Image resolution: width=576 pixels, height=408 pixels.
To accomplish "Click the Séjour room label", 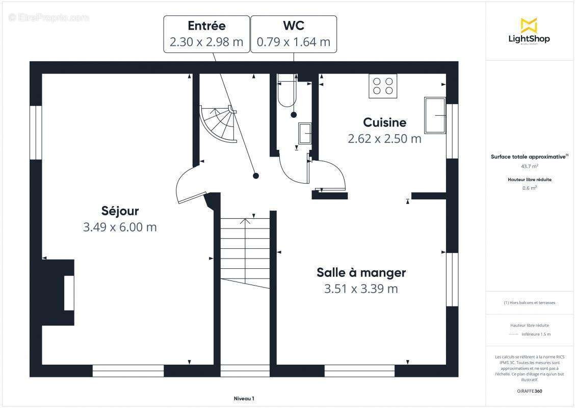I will pos(120,211).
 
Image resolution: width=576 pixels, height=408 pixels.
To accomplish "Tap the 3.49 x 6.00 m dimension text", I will pos(120,227).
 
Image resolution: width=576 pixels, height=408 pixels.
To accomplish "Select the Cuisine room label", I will pos(384,122).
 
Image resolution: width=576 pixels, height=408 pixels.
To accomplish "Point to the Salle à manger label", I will pos(361,272).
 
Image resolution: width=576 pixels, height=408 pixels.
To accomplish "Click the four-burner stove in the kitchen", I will pos(383,86).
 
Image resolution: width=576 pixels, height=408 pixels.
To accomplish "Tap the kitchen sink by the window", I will pos(434,115).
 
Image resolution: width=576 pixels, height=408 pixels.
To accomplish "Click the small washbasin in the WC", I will pos(305,134).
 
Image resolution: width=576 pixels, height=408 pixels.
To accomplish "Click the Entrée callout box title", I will pos(206,25).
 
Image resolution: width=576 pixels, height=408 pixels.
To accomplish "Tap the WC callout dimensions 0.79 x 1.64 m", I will pos(294,42).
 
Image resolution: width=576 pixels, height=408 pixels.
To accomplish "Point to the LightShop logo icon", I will pos(529,25).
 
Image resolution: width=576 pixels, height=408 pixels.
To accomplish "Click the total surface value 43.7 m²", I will pos(530,166).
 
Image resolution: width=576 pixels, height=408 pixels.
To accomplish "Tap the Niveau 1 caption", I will pos(244,399).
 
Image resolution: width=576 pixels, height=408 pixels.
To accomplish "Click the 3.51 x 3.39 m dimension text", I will pos(361,289).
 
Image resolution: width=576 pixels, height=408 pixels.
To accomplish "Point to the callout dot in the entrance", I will pos(256,176).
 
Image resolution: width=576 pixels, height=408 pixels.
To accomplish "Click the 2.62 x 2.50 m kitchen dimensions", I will pos(384,139).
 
